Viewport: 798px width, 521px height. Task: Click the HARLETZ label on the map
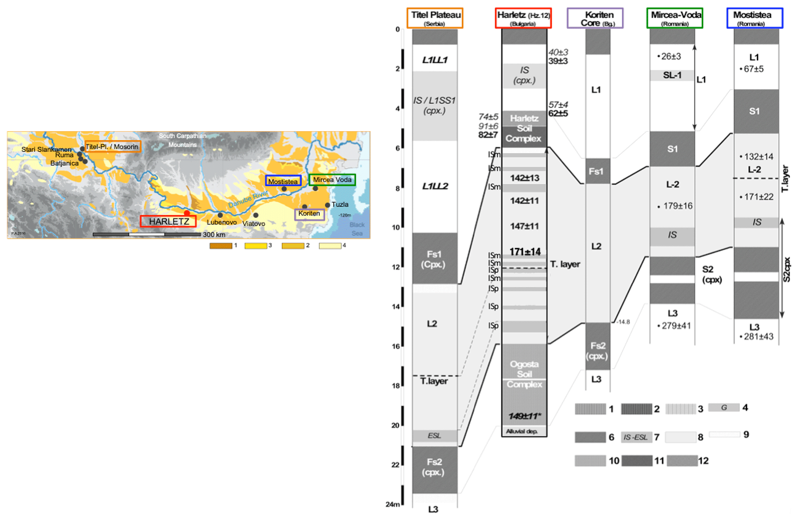(168, 222)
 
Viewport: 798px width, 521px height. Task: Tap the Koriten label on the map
(309, 214)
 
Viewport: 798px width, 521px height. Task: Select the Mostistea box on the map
(283, 181)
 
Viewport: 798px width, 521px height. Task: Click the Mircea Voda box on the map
(332, 180)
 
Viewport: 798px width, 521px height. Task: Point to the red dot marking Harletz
(187, 213)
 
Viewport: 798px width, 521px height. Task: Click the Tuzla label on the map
(340, 205)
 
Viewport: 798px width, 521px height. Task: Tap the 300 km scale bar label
(214, 235)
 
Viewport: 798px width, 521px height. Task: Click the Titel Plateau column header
(435, 18)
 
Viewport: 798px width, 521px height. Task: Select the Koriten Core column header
(595, 18)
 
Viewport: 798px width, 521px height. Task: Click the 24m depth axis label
(393, 504)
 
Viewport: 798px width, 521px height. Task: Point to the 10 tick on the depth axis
(396, 227)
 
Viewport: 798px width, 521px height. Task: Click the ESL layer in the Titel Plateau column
(435, 436)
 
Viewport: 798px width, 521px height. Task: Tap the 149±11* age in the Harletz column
(524, 416)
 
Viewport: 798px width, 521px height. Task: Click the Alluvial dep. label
(522, 431)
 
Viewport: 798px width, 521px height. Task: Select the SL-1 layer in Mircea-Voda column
(672, 75)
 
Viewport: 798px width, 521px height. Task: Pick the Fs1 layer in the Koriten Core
(596, 171)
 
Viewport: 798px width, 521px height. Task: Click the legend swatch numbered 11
(637, 461)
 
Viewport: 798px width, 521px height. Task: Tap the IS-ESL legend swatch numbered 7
(636, 437)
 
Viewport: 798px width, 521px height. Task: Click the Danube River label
(248, 198)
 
